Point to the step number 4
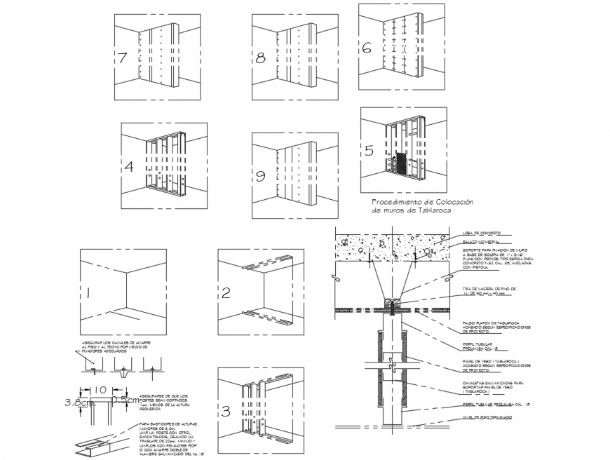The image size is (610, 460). pyautogui.click(x=128, y=167)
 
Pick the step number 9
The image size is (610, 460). pyautogui.click(x=260, y=176)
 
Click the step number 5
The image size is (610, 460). pyautogui.click(x=369, y=151)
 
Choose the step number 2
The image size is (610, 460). pyautogui.click(x=226, y=293)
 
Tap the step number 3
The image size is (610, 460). pyautogui.click(x=226, y=412)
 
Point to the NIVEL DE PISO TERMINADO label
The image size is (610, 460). pyautogui.click(x=486, y=417)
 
